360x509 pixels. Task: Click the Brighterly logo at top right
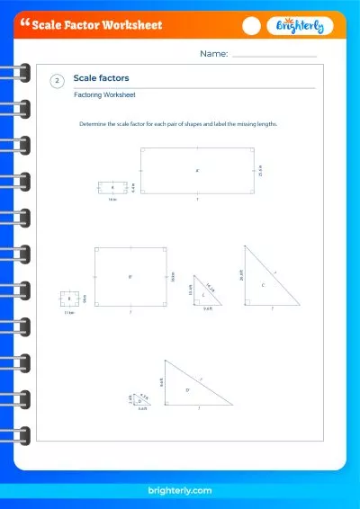tap(301, 26)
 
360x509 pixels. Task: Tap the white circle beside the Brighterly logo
tap(253, 26)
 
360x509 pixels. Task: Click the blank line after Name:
tap(274, 55)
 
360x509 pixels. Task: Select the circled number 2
tap(58, 81)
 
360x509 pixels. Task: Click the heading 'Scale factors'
tap(101, 78)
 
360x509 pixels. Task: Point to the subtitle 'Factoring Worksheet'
tap(98, 94)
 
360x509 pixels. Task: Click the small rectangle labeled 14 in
tap(112, 187)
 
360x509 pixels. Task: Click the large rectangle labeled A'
tap(196, 170)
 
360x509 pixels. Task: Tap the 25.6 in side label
tap(260, 170)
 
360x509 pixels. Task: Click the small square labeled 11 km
tap(68, 299)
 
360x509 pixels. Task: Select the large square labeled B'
tap(130, 277)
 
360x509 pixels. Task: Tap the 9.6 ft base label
tap(207, 308)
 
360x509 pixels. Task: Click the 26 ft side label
tap(241, 276)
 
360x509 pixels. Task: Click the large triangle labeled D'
tap(189, 388)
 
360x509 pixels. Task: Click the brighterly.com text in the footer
tap(179, 490)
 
